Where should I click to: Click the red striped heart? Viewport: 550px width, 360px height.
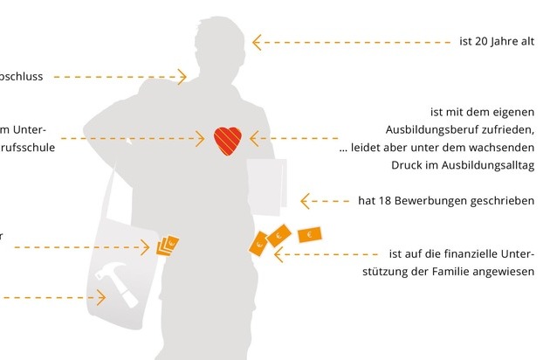coord(228,140)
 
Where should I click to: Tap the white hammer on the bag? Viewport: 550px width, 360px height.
coord(119,282)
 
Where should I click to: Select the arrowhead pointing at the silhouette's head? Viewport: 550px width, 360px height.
coord(257,42)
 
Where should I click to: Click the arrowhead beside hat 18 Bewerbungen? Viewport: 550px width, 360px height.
coord(306,201)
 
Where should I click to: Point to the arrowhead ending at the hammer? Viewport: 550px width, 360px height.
coord(101,297)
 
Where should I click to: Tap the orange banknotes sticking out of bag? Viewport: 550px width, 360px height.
coord(168,246)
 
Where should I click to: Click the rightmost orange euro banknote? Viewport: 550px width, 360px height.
coord(309,234)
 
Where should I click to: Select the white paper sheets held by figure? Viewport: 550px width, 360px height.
coord(267,186)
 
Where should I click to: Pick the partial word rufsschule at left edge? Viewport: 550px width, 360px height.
coord(28,148)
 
